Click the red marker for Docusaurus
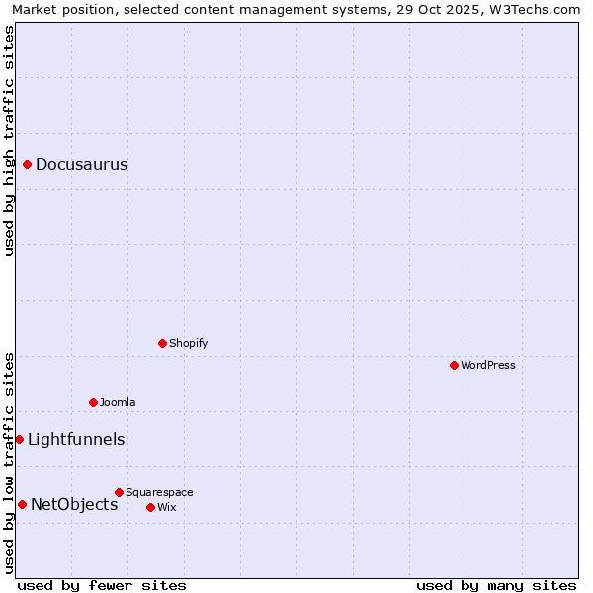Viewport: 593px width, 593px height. pos(28,164)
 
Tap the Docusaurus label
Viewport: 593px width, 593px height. pos(81,165)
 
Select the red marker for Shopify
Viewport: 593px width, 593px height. pos(163,343)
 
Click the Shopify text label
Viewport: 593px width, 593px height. pos(188,344)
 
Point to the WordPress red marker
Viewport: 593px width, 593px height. pos(455,365)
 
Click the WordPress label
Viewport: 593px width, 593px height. pos(488,366)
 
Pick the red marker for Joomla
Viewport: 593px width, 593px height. pos(94,402)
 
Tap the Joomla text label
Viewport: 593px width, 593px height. pos(118,403)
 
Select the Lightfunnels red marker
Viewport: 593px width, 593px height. pos(19,439)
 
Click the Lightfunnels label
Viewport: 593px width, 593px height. pos(76,440)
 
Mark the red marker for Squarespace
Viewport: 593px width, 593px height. pos(120,492)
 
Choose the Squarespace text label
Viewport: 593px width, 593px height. pos(159,493)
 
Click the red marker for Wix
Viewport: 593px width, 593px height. pos(151,507)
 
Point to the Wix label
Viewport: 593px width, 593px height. pos(167,508)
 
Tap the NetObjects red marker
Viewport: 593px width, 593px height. pos(22,504)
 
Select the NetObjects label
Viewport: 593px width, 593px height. pos(74,505)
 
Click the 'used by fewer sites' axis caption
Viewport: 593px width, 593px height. pos(102,585)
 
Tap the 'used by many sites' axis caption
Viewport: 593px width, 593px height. pos(496,585)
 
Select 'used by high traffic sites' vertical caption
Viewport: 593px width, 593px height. pos(10,140)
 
